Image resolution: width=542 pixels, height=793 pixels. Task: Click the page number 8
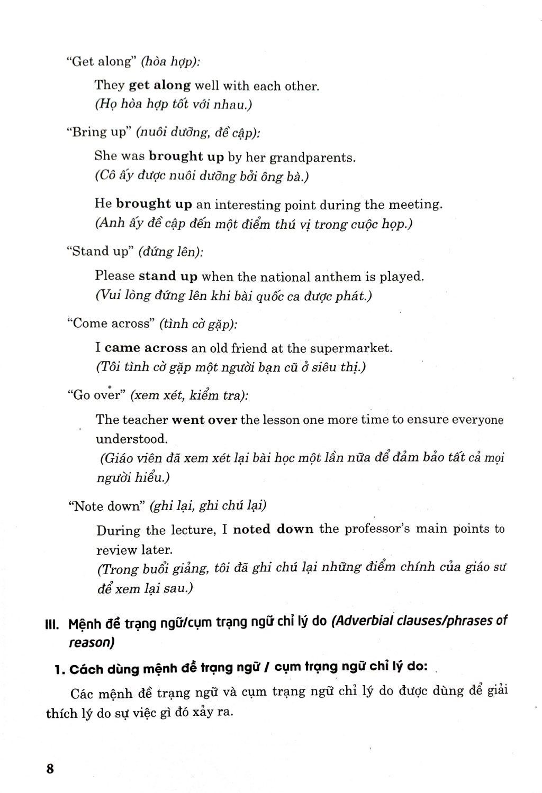[x=50, y=768]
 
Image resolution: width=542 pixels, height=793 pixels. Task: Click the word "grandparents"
[x=312, y=158]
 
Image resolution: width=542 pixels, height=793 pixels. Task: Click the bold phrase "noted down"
[x=273, y=529]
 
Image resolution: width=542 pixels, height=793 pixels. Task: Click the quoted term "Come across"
[x=111, y=324]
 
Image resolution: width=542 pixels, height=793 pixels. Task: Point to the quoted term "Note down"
[x=107, y=506]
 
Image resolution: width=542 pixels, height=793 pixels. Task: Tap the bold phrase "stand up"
[x=168, y=276]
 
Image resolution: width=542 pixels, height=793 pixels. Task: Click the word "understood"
[x=131, y=439]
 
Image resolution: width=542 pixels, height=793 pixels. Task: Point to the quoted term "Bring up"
[x=98, y=132]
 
